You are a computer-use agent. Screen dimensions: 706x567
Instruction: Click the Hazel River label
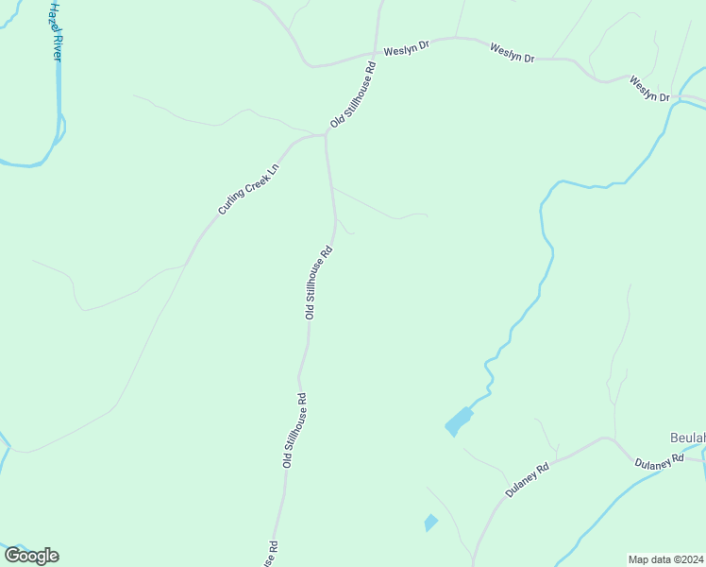[55, 31]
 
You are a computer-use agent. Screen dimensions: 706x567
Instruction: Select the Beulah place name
[687, 438]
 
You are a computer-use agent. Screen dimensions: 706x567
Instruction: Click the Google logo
[31, 556]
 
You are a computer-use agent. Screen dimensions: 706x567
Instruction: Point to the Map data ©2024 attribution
[665, 559]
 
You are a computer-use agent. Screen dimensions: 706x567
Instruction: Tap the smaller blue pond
[431, 522]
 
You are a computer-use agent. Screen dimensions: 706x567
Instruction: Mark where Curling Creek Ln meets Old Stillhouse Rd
[326, 135]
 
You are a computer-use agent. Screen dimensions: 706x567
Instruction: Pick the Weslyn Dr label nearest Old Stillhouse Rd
[406, 47]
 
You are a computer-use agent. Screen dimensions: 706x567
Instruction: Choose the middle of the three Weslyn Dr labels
[513, 53]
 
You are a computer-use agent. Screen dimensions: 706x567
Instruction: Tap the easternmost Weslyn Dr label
[649, 90]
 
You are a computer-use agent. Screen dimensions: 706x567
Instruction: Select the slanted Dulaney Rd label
[528, 480]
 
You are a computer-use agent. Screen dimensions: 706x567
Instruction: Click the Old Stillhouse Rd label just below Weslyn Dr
[353, 95]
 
